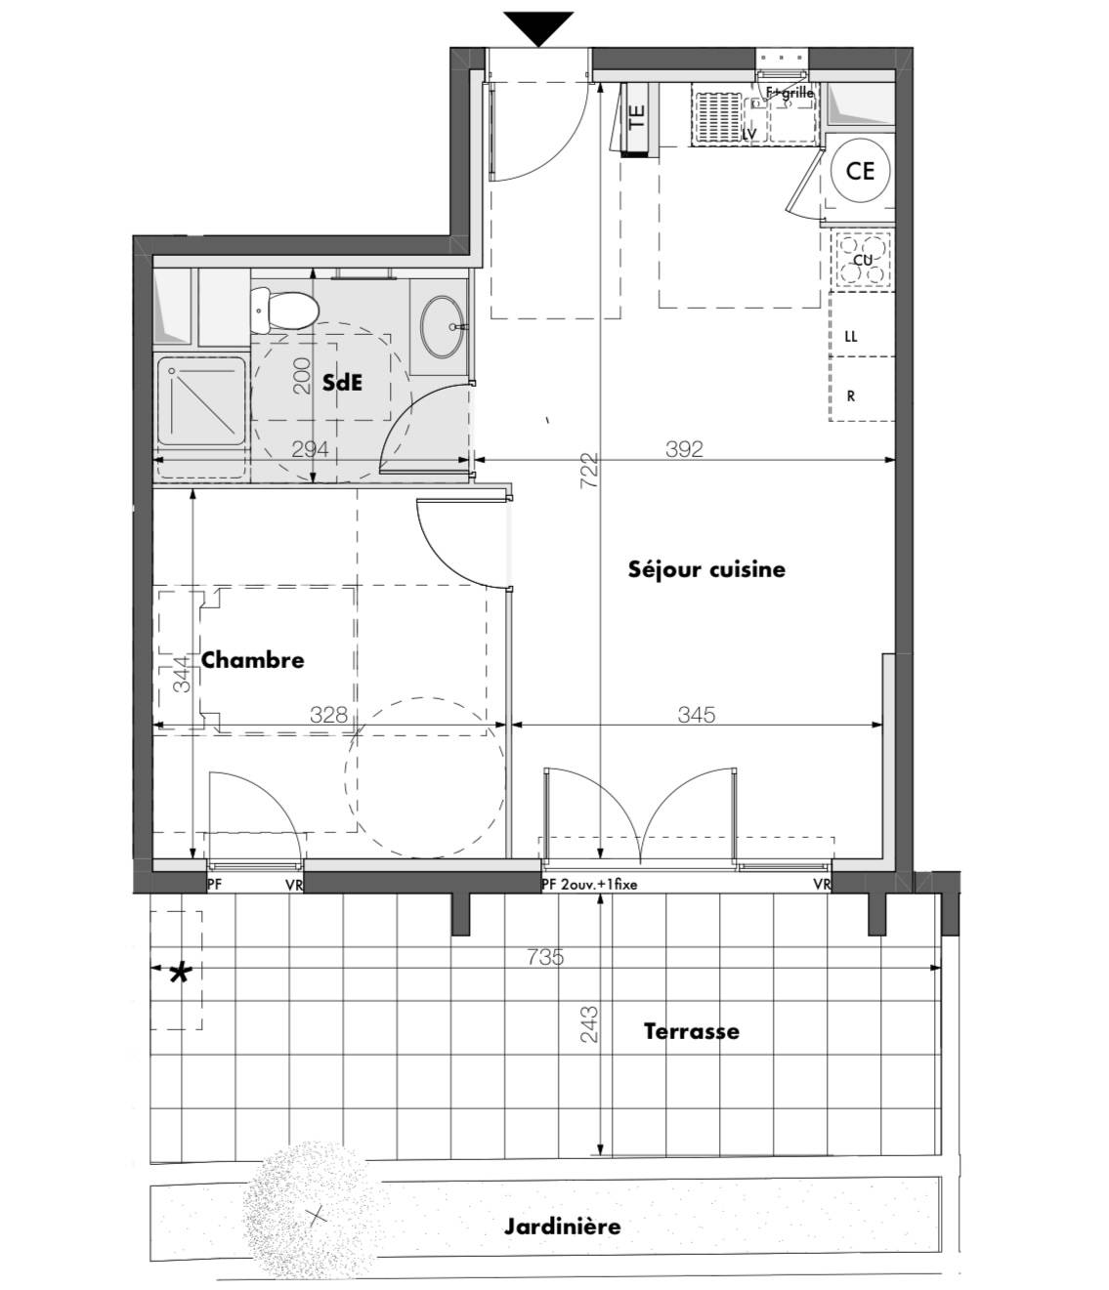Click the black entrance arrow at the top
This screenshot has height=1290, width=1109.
[x=539, y=27]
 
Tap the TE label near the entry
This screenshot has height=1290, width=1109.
[x=637, y=118]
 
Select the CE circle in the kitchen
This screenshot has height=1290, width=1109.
[x=859, y=171]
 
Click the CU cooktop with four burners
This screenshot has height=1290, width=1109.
[x=863, y=261]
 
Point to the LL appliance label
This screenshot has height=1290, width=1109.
[x=850, y=336]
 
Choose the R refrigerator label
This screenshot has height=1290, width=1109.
[x=851, y=396]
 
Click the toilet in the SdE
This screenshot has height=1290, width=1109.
[x=285, y=309]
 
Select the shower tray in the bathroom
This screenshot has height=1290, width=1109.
[x=201, y=400]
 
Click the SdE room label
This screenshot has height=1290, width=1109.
[x=342, y=383]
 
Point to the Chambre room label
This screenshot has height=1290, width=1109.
[x=252, y=660]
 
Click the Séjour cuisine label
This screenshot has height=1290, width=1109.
[x=706, y=569]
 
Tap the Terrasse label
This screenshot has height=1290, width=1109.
[x=691, y=1031]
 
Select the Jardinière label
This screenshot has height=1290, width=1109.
[x=562, y=1227]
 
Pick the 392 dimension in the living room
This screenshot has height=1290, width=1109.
[x=684, y=448]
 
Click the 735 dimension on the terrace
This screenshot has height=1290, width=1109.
[x=544, y=957]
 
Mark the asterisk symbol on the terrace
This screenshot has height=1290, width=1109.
[x=180, y=973]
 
